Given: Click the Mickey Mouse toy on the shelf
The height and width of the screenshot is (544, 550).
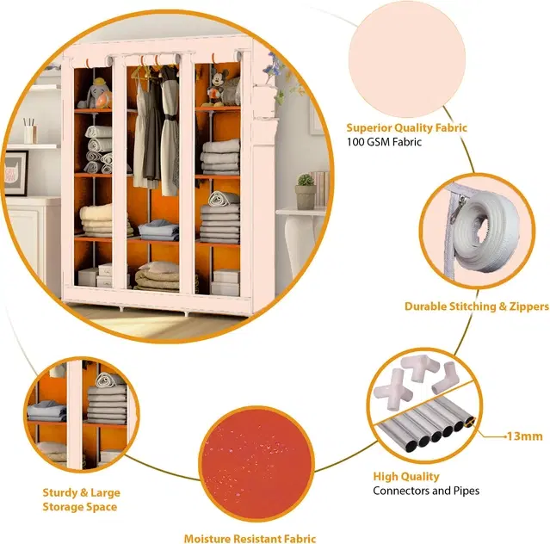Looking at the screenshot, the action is (x=216, y=88).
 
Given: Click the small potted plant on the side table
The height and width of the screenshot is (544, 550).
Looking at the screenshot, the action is (x=306, y=191).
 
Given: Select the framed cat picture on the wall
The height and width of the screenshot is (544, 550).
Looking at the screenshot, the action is (x=15, y=173).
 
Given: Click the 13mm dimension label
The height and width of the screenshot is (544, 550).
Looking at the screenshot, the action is (x=524, y=436).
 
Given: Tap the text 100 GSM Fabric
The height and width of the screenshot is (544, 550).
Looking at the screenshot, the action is (x=384, y=142).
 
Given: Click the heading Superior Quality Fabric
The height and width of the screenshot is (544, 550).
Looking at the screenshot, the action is (x=406, y=127).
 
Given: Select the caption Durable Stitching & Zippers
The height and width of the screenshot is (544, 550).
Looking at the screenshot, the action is (x=476, y=306).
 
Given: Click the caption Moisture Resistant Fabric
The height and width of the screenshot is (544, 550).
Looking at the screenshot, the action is (x=250, y=538).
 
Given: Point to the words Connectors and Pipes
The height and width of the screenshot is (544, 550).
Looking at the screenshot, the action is (x=426, y=491).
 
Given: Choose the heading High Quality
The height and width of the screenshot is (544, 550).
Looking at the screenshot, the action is (x=406, y=476).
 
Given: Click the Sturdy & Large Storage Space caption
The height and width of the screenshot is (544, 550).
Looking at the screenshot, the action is (x=81, y=500).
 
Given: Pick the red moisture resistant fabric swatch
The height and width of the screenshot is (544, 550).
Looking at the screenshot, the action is (x=256, y=463).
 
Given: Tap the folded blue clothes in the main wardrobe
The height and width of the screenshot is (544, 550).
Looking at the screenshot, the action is (x=158, y=230).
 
